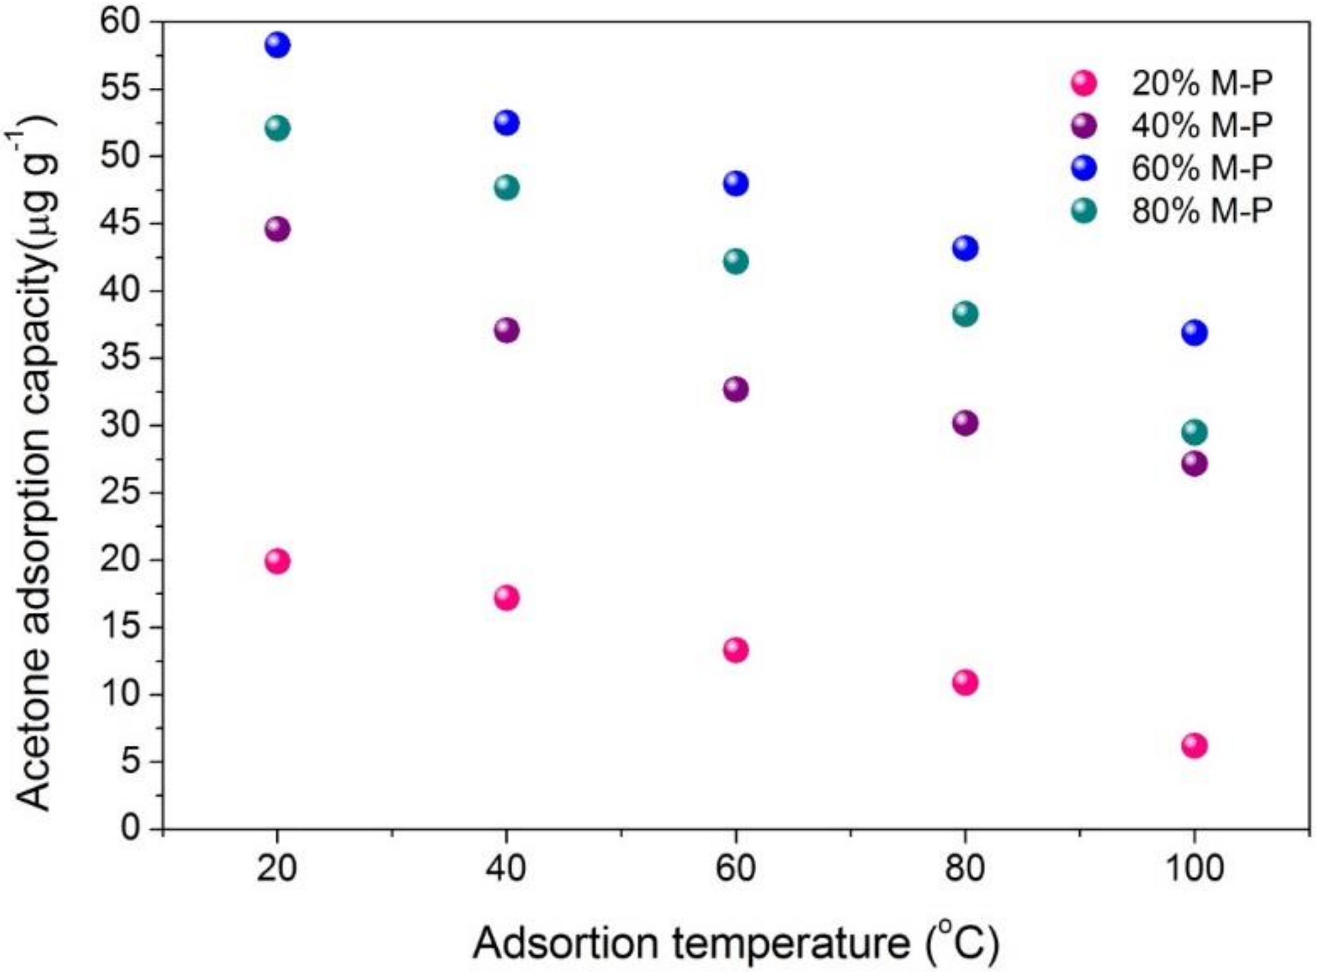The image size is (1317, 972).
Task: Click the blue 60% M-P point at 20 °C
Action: click(x=278, y=45)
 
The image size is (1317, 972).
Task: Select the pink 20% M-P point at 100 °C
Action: click(x=1194, y=746)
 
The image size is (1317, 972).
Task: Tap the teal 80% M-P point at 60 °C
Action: click(x=736, y=262)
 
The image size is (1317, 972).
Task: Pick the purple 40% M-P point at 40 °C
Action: click(x=507, y=331)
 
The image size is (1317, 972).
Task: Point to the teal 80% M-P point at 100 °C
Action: click(x=1194, y=432)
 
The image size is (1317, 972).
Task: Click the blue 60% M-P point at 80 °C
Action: click(x=965, y=249)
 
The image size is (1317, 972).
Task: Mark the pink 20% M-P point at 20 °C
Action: click(x=278, y=561)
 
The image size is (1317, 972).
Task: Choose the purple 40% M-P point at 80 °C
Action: click(x=965, y=424)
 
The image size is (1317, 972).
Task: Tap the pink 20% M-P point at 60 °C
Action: click(x=736, y=650)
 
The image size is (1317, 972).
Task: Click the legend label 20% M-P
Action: click(x=1201, y=83)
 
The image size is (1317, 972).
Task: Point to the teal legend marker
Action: click(x=1083, y=211)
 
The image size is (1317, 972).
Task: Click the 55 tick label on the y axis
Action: click(x=121, y=89)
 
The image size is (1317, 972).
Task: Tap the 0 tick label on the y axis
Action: click(x=130, y=827)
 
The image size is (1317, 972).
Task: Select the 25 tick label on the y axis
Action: click(x=121, y=492)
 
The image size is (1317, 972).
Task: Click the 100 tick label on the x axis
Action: click(x=1194, y=868)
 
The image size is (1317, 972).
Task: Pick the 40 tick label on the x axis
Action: click(x=506, y=868)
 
